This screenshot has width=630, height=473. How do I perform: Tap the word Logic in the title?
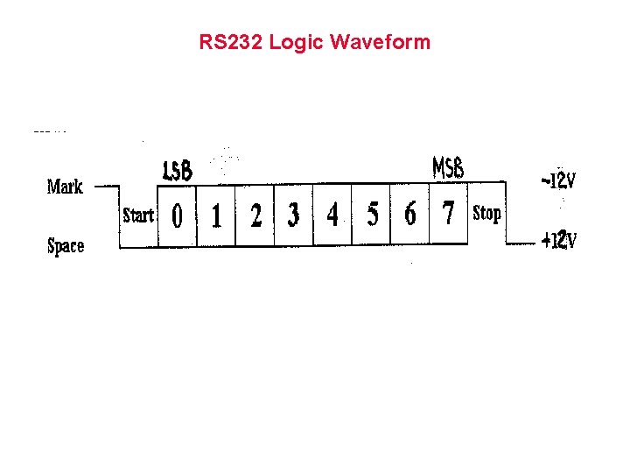point(297,42)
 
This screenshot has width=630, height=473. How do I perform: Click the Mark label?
point(65,187)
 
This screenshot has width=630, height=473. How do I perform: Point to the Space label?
point(66,245)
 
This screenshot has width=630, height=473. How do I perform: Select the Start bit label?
point(138,215)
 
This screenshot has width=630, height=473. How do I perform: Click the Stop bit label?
point(486,213)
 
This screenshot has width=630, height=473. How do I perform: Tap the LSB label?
point(178,170)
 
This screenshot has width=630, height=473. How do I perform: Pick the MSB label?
point(448,166)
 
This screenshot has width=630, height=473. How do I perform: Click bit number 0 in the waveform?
point(178,215)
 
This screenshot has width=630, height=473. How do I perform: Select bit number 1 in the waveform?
point(216,215)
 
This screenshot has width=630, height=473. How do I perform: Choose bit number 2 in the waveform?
point(255,215)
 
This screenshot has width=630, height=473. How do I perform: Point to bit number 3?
point(293,215)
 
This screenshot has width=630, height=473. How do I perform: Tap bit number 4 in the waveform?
point(332,215)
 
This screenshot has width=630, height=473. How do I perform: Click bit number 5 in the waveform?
point(372,215)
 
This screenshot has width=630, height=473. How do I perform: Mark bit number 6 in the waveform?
point(410,214)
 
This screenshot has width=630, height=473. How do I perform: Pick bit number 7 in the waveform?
point(449,213)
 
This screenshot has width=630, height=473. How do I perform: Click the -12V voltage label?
point(558,180)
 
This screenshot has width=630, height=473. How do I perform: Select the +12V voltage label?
point(558,239)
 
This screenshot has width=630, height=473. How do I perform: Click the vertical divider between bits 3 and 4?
point(313,215)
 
